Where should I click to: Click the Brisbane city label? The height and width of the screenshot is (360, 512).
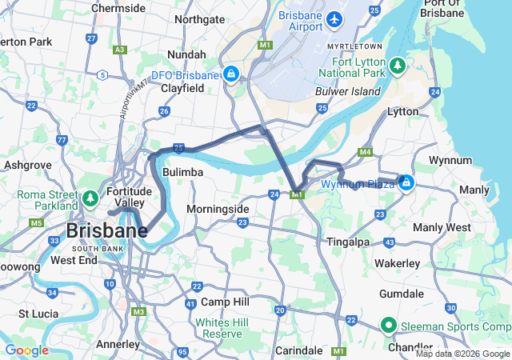(x=106, y=231)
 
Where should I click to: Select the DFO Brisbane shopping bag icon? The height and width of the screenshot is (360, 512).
(x=231, y=75)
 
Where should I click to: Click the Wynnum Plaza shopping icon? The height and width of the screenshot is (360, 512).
(x=406, y=183)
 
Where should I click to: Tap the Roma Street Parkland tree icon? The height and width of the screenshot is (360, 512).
(x=90, y=196)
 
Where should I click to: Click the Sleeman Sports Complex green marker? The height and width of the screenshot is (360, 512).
(x=389, y=325)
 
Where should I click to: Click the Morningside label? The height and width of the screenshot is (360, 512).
(x=218, y=209)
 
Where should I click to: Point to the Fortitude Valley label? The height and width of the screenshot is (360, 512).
(x=128, y=197)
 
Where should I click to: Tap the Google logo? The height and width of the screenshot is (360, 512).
(x=26, y=350)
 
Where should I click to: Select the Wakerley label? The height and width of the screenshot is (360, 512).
(x=398, y=263)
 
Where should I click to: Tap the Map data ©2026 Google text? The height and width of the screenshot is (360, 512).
(x=461, y=354)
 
